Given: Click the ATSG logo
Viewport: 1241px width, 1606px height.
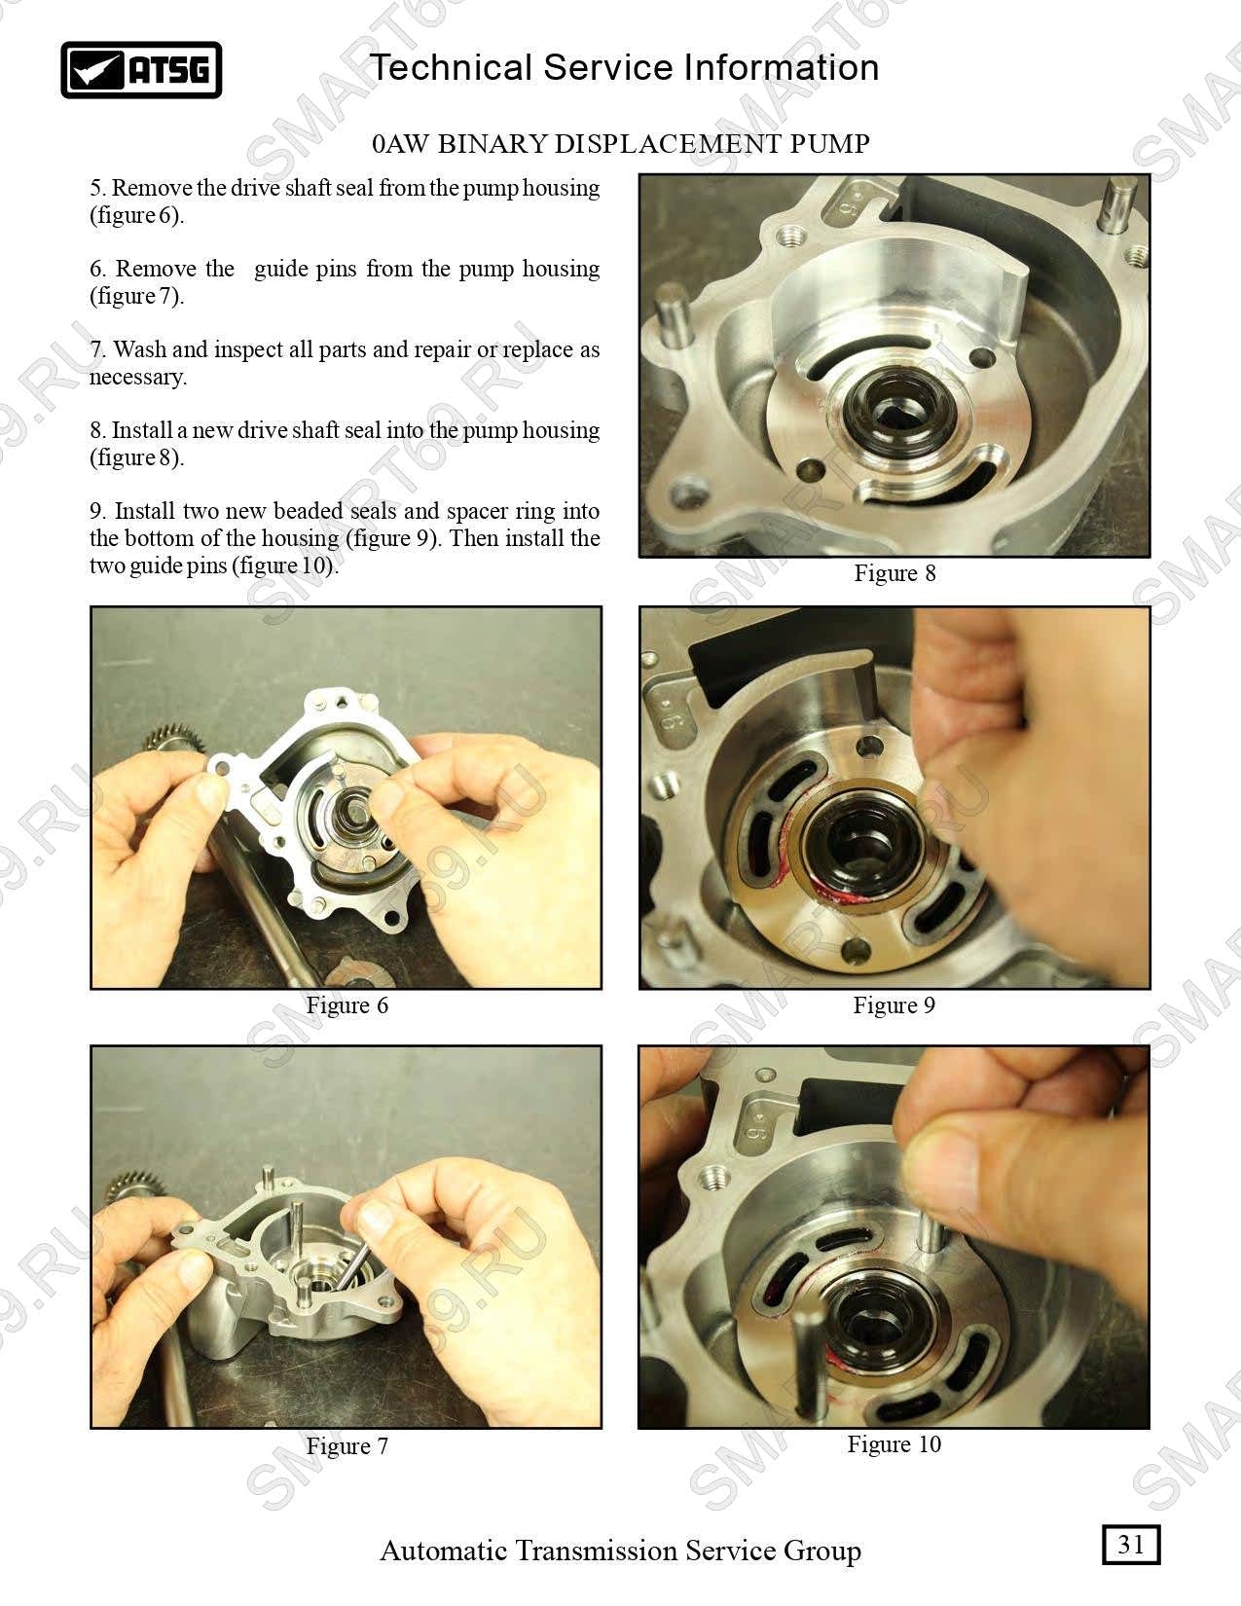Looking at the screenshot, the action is pos(141,69).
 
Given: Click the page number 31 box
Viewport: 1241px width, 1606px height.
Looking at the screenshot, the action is pos(1131,1545).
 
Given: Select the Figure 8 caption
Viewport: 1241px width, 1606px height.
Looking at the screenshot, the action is pos(894,572).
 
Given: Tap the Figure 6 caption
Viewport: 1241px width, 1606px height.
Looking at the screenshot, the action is pos(347,1005).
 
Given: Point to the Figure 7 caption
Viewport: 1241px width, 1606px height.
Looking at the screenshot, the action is pos(347,1445).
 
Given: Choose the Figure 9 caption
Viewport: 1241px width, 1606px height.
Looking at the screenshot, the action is pos(894,1005).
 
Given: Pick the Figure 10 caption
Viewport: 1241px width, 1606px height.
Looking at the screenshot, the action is pos(894,1443).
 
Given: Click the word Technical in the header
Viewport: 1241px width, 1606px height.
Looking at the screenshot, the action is pos(451,67).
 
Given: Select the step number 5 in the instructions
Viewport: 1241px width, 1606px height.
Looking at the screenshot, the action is pos(96,188).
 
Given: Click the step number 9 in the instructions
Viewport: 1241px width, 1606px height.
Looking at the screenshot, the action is pos(96,511).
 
